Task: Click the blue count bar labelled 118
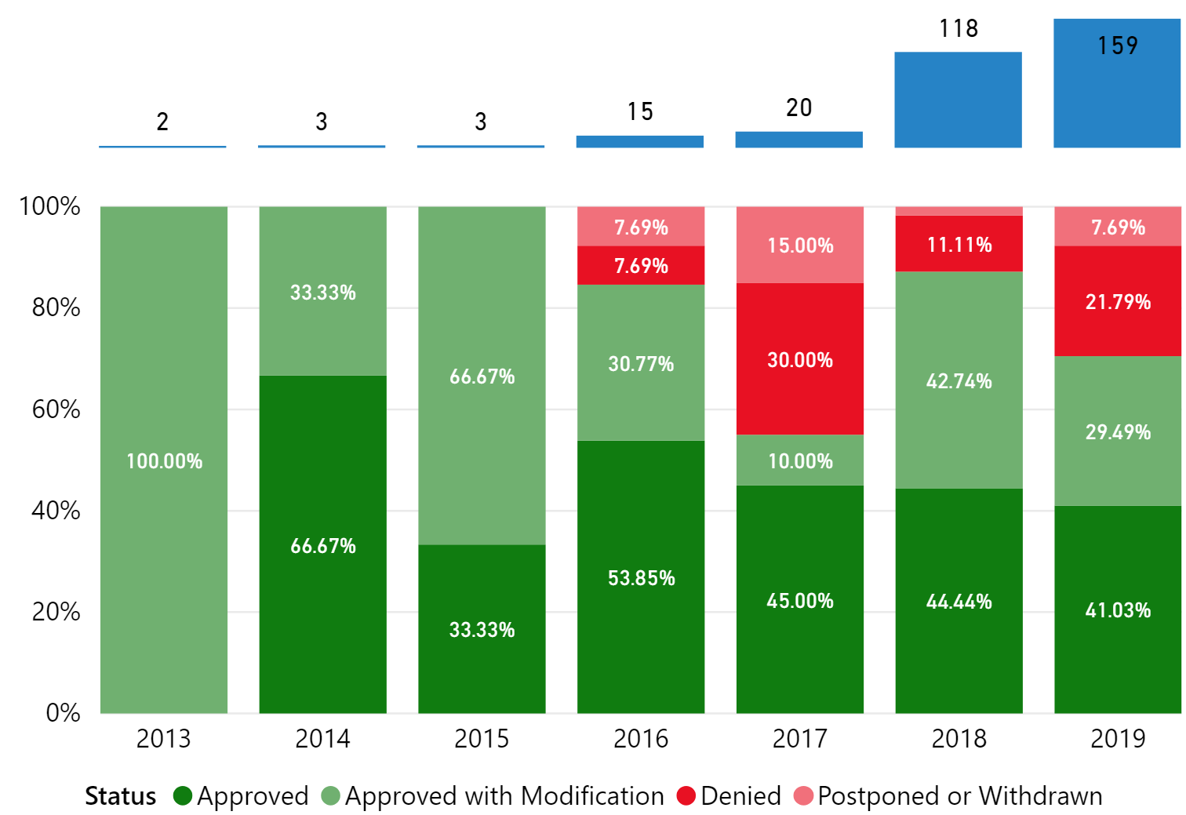[958, 100]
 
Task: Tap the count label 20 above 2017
[799, 107]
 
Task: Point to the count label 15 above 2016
[640, 111]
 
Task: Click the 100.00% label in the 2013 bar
[164, 460]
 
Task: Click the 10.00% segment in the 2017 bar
[799, 460]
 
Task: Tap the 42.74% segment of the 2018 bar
[959, 380]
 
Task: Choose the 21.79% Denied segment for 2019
[1117, 301]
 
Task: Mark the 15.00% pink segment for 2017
[799, 245]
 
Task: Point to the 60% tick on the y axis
[56, 409]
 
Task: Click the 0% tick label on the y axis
[63, 712]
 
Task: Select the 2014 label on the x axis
[322, 738]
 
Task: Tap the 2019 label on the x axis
[1117, 738]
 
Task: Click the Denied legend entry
[729, 796]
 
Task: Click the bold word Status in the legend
[120, 796]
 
